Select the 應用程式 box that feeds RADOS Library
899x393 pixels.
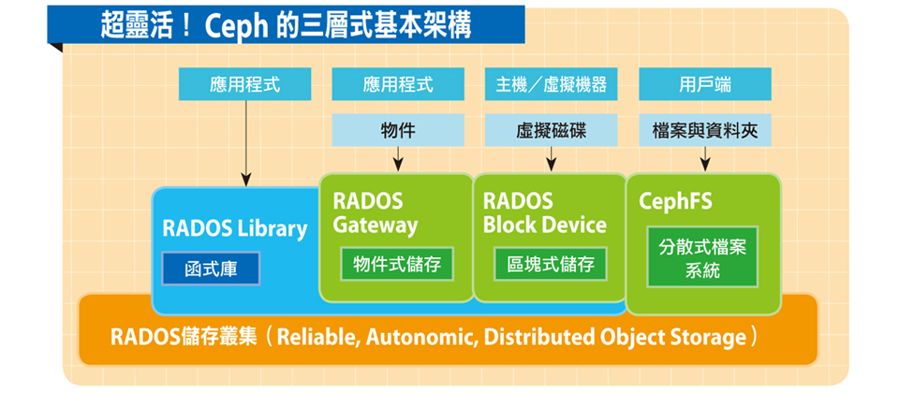click(x=244, y=84)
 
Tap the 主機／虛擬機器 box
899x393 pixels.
click(x=551, y=84)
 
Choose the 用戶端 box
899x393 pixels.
click(x=704, y=84)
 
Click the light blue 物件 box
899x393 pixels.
click(x=398, y=130)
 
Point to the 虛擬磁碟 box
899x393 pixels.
click(x=551, y=130)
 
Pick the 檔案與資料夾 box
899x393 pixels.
click(x=704, y=130)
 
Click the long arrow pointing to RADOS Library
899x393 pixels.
click(x=246, y=143)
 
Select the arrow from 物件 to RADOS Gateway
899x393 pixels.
click(x=398, y=159)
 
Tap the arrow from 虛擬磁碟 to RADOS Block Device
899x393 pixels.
click(x=551, y=159)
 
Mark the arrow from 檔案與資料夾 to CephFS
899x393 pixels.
click(x=704, y=159)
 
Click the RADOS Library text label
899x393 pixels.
click(x=235, y=228)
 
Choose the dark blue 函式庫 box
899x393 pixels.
click(x=211, y=269)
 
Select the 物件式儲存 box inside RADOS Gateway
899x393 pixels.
click(x=397, y=264)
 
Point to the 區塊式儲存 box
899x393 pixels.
click(x=551, y=264)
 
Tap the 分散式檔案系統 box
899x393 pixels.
click(x=702, y=256)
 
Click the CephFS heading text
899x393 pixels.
click(x=675, y=202)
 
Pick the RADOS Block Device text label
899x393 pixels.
click(x=545, y=213)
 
